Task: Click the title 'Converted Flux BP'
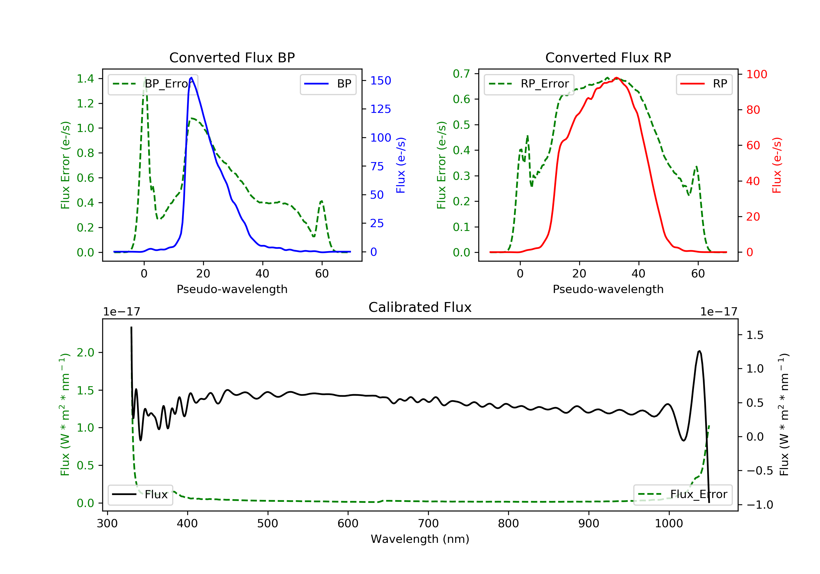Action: (x=232, y=57)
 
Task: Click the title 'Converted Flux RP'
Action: (x=608, y=57)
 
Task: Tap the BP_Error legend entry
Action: (x=153, y=84)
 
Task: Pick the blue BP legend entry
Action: (x=328, y=84)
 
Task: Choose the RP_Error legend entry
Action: (x=529, y=84)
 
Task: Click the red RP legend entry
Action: (x=704, y=84)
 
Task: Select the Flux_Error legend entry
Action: (x=683, y=494)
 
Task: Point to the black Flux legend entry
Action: (x=140, y=494)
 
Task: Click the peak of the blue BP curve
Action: (x=191, y=78)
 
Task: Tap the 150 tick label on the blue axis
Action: (x=380, y=81)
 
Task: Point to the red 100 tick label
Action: (x=756, y=74)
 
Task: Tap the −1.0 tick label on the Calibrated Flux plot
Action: (x=759, y=505)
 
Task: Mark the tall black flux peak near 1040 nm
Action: (x=699, y=352)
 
